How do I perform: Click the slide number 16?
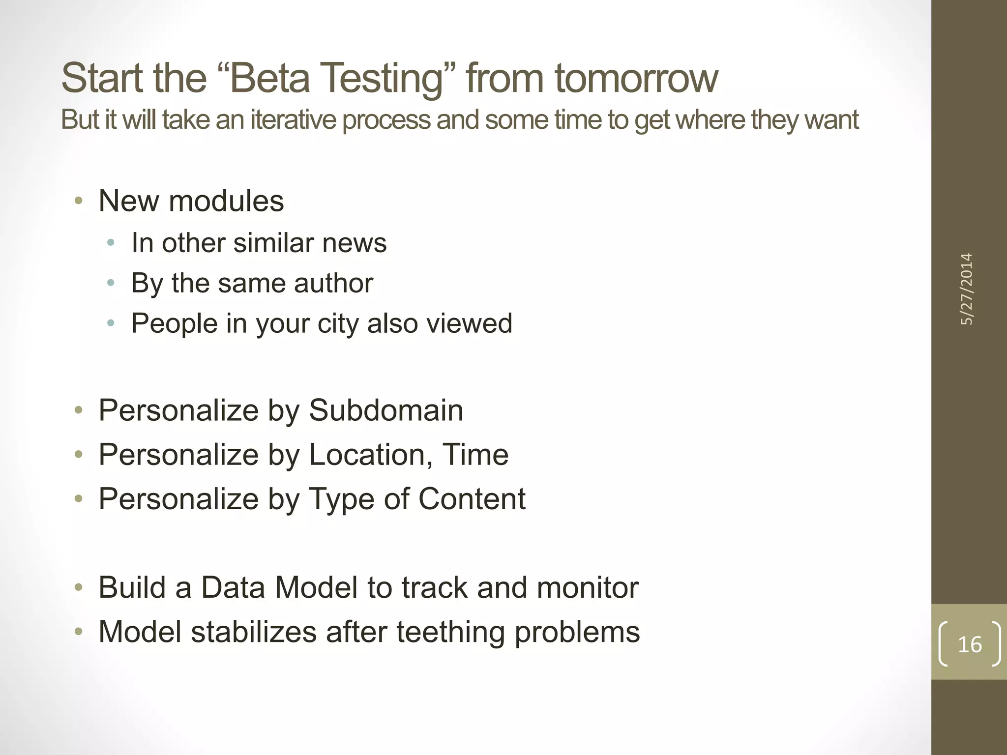click(969, 644)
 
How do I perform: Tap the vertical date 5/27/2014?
click(967, 289)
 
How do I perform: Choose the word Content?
click(472, 499)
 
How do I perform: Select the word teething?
click(450, 632)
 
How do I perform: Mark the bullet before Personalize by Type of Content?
click(79, 499)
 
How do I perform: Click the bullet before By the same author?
click(111, 283)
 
